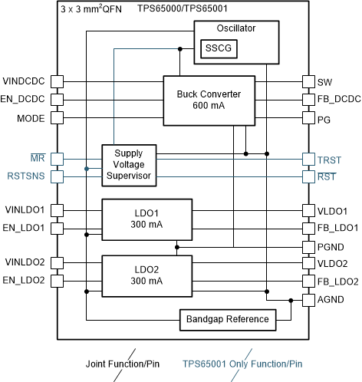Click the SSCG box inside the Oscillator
[217, 49]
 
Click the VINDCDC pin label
[24, 81]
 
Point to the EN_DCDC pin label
[24, 100]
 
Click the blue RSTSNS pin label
[26, 176]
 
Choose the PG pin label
[324, 119]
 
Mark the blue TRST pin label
[329, 159]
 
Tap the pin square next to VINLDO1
[56, 209]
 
